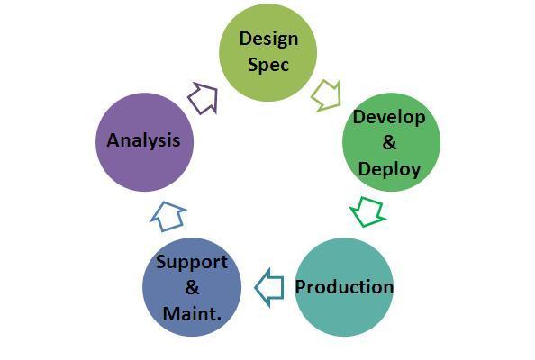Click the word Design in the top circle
[268, 40]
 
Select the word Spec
[268, 65]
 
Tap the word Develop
[389, 118]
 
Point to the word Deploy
[389, 169]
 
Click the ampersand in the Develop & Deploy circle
[390, 142]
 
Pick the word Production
[344, 287]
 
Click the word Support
[192, 263]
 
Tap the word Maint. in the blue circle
[192, 313]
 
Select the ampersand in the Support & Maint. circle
[192, 287]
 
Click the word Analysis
[143, 140]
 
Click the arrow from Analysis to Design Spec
[204, 98]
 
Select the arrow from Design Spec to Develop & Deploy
[327, 95]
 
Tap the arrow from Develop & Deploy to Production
[368, 212]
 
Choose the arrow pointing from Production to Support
[269, 287]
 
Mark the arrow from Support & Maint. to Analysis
[168, 217]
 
